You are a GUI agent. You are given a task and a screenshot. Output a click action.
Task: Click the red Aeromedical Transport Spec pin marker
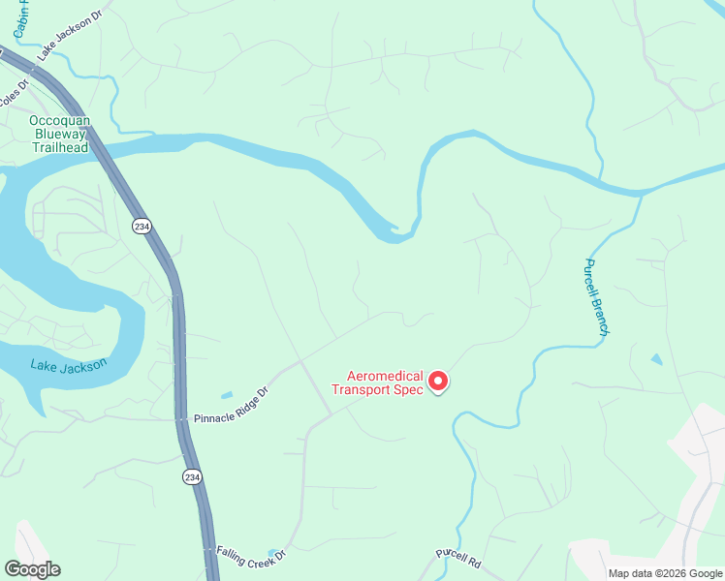(437, 382)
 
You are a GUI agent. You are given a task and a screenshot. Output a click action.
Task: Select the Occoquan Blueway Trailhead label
(59, 134)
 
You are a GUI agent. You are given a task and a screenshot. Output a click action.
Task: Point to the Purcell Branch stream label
(595, 297)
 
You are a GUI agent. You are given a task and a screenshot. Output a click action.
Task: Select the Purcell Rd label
(457, 560)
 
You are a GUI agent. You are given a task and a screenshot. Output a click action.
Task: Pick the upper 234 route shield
(142, 226)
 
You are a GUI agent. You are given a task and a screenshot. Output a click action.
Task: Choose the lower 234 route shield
(192, 476)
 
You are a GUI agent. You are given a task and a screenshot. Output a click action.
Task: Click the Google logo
(32, 569)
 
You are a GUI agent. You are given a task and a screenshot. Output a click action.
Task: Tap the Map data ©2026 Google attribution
(664, 573)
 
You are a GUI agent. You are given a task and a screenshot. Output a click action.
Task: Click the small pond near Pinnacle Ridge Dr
(226, 395)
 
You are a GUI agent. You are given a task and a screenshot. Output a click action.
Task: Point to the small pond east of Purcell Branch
(657, 359)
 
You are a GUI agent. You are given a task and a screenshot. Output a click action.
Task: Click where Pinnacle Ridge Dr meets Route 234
(181, 419)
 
